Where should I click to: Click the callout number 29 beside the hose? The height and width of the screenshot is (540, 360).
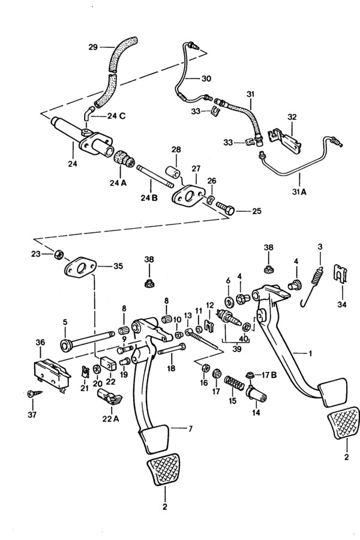pos(93,47)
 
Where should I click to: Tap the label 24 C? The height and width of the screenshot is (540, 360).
pos(116,116)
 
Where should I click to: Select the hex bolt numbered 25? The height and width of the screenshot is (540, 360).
pos(226,208)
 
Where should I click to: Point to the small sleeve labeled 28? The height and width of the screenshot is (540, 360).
pos(173,172)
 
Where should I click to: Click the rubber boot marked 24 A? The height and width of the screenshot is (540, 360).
pos(124,161)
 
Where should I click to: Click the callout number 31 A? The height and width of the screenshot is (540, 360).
pos(299,192)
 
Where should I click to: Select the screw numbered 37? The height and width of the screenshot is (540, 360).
pos(35,393)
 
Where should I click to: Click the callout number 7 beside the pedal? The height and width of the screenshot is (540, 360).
pos(190,429)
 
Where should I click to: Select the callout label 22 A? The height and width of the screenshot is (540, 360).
pos(110,419)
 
